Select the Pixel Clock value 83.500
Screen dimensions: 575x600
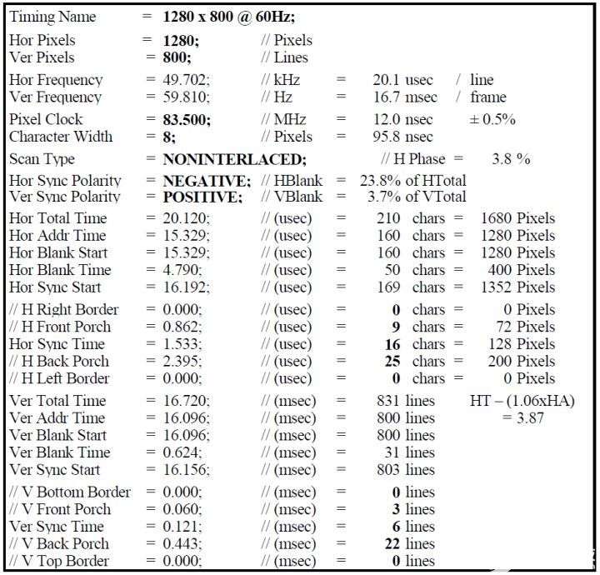coord(187,119)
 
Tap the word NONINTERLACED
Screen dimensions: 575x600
coord(234,159)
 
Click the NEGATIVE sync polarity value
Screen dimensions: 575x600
coord(207,181)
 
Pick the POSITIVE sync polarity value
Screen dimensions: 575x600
coord(202,197)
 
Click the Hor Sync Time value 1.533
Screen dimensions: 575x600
coord(181,344)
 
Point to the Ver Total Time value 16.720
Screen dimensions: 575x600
coord(184,401)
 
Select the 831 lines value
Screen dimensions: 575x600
coord(405,401)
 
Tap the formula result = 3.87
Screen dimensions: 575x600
coord(522,417)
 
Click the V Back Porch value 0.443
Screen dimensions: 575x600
coord(181,543)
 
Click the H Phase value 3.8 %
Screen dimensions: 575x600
coord(511,159)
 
